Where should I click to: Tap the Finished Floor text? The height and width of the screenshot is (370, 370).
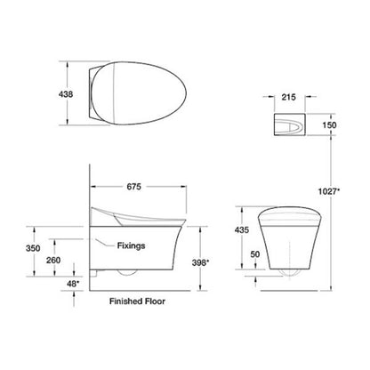tap(135, 301)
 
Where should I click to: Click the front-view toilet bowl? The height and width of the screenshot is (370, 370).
tap(290, 245)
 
